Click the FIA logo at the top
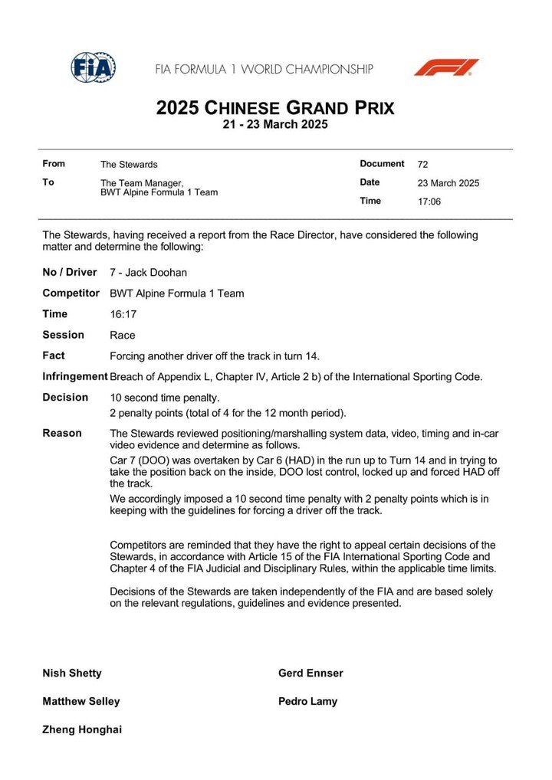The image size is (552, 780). pos(93,68)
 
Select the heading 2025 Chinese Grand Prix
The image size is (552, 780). pos(275,108)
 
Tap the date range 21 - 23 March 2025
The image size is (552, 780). pos(275,125)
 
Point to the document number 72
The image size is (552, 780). pos(423,164)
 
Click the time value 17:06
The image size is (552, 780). pos(429,202)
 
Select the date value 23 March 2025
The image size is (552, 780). pos(449,183)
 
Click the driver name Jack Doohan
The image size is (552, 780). pos(154,273)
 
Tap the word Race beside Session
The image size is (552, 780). pos(123,335)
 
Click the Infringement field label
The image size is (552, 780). pos(74,376)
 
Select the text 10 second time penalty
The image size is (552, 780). pos(165,398)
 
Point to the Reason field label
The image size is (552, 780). pos(62,433)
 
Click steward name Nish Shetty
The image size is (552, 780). pos(72,673)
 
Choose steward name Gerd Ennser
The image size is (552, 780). pos(310,673)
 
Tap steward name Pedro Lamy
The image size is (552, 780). pos(307,701)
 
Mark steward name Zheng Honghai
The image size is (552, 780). pos(82,729)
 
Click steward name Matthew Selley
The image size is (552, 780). pos(81,701)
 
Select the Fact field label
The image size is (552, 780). pos(54,356)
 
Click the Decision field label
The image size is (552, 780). pos(65,398)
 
